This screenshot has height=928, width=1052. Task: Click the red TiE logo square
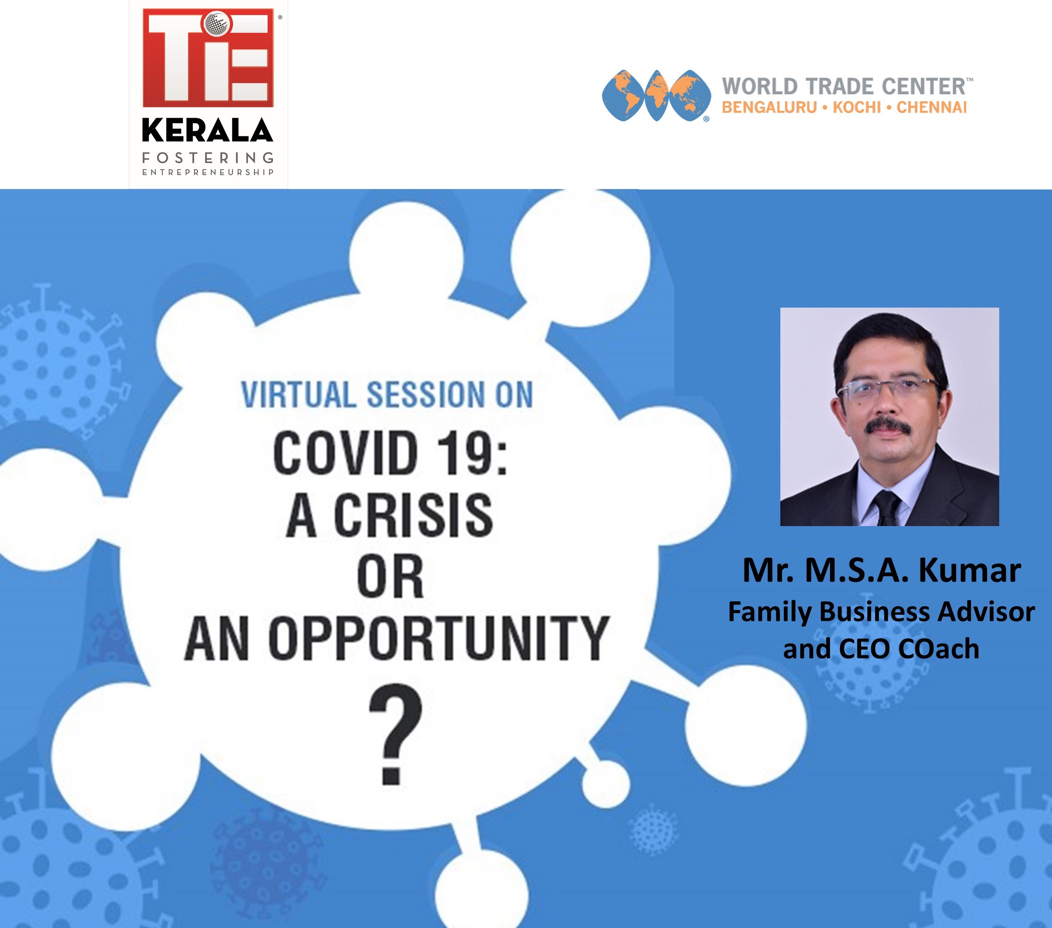pos(208,58)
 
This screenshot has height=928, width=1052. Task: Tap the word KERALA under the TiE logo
pos(207,130)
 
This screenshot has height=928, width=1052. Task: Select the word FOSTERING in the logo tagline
pos(208,157)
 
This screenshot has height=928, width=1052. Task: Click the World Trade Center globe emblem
pos(656,96)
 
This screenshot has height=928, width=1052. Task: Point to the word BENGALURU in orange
pos(769,108)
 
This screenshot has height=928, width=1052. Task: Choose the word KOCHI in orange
pos(857,108)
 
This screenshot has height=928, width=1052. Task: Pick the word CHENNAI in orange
pos(932,108)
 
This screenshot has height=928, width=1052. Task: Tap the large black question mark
pos(395,734)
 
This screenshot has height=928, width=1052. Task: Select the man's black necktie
pos(887,507)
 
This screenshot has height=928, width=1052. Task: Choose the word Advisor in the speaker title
pos(986,612)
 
